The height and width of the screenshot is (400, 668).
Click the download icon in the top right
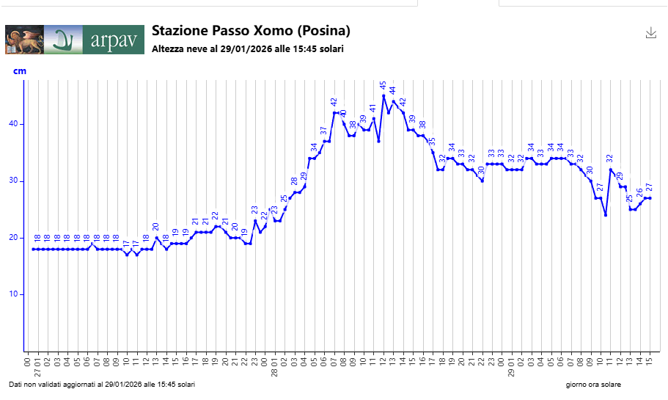point(650,32)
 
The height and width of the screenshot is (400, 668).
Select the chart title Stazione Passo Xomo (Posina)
point(251,31)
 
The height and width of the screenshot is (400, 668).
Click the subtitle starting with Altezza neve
point(248,49)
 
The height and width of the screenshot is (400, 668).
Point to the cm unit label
point(20,71)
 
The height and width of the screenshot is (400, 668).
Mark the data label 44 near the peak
point(393,91)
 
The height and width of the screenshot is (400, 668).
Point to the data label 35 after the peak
point(433,141)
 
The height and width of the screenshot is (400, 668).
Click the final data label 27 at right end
point(649,188)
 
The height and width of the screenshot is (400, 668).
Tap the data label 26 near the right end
point(639,193)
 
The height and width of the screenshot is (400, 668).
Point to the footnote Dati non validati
point(102,385)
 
